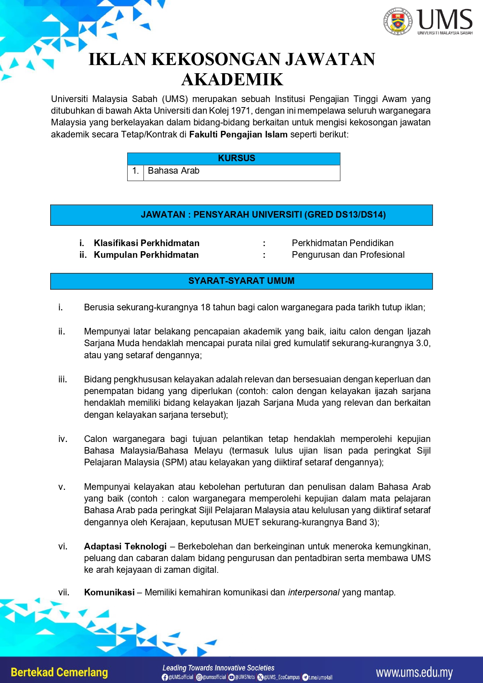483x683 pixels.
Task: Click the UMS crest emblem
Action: coord(397,21)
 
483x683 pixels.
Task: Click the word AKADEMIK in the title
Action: coord(232,79)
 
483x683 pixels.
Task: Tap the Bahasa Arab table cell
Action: coord(174,171)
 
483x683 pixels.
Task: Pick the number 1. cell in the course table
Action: coord(135,171)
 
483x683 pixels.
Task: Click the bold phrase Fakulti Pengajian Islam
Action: coord(238,134)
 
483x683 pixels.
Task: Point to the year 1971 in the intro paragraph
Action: coord(241,111)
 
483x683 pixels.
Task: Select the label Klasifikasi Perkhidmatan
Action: coord(146,243)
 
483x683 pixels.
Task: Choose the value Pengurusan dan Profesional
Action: coord(348,255)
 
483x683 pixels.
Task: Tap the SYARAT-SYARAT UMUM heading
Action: coord(241,281)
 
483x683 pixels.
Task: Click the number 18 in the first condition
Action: coord(205,307)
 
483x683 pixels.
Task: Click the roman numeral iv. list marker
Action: coord(63,439)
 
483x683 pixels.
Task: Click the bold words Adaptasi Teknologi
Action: coord(125,546)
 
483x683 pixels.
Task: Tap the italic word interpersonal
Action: coord(314,592)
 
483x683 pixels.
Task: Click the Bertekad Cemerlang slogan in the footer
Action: coord(59,672)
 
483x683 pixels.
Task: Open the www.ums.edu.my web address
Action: coord(414,672)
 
